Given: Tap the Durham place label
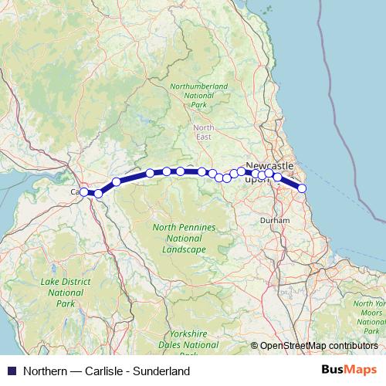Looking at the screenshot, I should (276, 220).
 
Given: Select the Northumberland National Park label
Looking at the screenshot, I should (199, 95).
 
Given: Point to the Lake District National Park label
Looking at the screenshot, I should (66, 293).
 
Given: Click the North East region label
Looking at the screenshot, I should (204, 132).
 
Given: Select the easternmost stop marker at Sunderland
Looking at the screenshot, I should (302, 188).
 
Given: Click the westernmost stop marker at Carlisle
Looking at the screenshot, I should (83, 191).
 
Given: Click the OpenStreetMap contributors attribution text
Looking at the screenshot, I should (319, 346).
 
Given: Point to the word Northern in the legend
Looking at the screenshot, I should (46, 371).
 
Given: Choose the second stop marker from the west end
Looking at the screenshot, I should (98, 194).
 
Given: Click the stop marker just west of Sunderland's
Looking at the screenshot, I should (278, 177).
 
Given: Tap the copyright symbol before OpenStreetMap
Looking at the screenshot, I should (254, 346).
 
